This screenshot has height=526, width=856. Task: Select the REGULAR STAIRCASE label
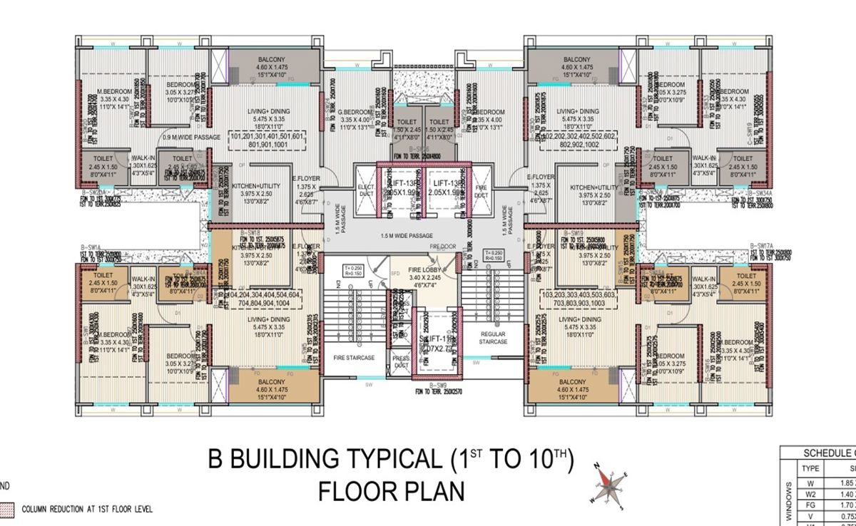[x=493, y=338]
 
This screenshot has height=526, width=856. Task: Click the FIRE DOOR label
[x=442, y=246]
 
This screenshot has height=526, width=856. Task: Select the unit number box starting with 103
[x=581, y=298]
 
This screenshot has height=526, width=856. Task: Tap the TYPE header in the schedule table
[x=811, y=468]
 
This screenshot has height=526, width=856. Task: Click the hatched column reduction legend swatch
[x=7, y=509]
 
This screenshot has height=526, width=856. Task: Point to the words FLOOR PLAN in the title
[x=391, y=492]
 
